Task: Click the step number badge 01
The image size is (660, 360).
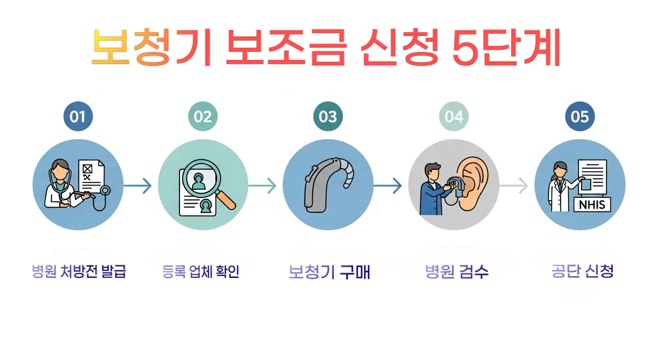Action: coord(78,117)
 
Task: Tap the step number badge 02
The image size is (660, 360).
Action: coord(203,117)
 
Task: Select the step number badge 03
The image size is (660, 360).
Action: coord(328,117)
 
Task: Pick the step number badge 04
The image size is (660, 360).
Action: coord(454,117)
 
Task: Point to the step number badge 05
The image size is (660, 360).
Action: coord(580,117)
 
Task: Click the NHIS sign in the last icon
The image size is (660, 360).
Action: coord(592,204)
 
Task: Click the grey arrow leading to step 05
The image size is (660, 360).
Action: coord(514,186)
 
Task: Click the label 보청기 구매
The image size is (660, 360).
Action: coord(329,272)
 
